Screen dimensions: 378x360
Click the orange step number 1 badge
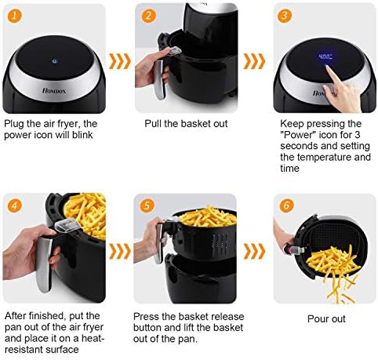[x=14, y=16]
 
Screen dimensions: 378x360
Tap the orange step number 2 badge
[x=149, y=16]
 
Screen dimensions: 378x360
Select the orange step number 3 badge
[x=285, y=16]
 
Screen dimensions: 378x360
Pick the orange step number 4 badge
[x=14, y=205]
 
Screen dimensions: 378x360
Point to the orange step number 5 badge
[x=147, y=205]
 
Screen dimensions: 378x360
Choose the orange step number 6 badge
[x=286, y=205]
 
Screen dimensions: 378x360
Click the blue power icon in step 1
[x=55, y=61]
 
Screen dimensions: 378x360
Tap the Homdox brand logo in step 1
[x=54, y=91]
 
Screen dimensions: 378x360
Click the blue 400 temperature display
[x=325, y=56]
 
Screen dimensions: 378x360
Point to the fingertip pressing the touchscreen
[x=327, y=67]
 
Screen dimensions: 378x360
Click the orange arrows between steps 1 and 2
[x=120, y=61]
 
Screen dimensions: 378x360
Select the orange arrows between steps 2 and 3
[x=254, y=61]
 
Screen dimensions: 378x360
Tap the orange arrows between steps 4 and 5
[x=120, y=251]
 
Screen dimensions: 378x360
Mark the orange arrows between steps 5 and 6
[x=254, y=251]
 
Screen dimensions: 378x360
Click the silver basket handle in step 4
[x=44, y=264]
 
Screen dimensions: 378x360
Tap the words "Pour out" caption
[x=326, y=319]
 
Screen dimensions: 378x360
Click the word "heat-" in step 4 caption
[x=91, y=338]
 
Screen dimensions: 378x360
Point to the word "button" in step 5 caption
[x=148, y=328]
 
